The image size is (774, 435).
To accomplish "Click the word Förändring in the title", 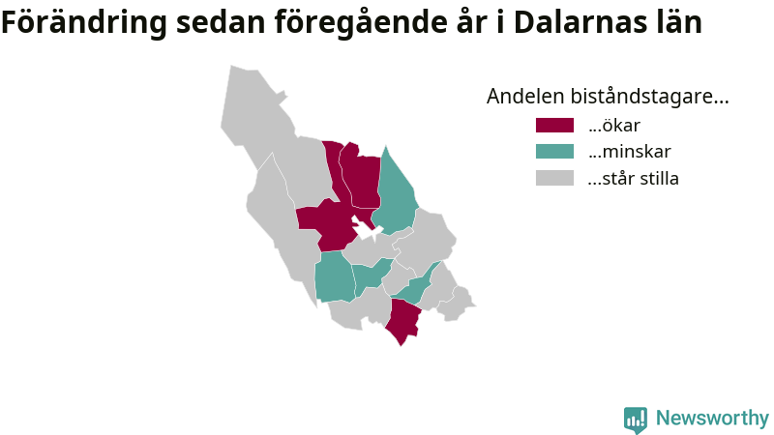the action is pos(84,23).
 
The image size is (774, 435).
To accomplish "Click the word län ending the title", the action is pos(678,21).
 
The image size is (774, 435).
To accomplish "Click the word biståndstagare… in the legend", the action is pos(649,97).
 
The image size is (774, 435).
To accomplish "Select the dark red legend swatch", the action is pos(554,126).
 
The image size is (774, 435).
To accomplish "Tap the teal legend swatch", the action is pos(554,152).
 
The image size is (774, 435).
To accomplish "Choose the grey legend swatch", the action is pos(554,178).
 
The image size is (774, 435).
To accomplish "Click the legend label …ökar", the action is pos(614,126).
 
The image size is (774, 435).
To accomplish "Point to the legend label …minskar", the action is pos(630,152).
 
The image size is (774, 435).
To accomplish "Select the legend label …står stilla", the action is pos(634,178).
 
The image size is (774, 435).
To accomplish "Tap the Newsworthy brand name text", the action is pos(712,419).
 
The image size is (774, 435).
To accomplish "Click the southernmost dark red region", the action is pos(403,321).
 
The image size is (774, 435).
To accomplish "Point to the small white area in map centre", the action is pos(366,230).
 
